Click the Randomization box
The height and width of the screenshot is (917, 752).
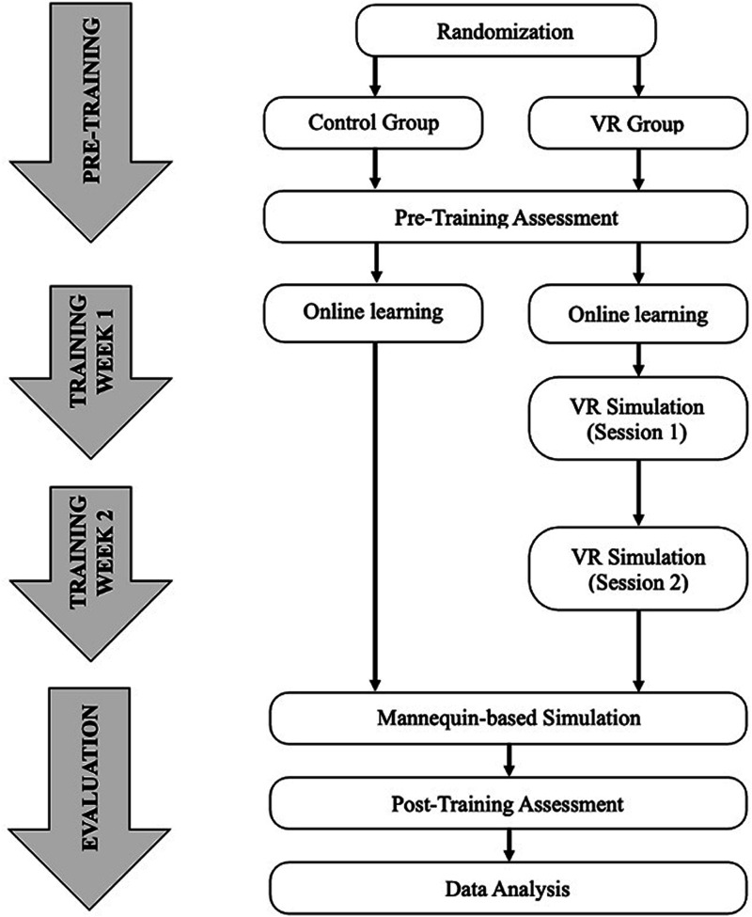click(x=508, y=29)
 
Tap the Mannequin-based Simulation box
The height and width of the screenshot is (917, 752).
click(x=508, y=719)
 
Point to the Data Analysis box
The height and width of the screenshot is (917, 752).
click(x=508, y=886)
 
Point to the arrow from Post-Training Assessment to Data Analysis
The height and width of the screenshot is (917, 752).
click(x=508, y=844)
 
